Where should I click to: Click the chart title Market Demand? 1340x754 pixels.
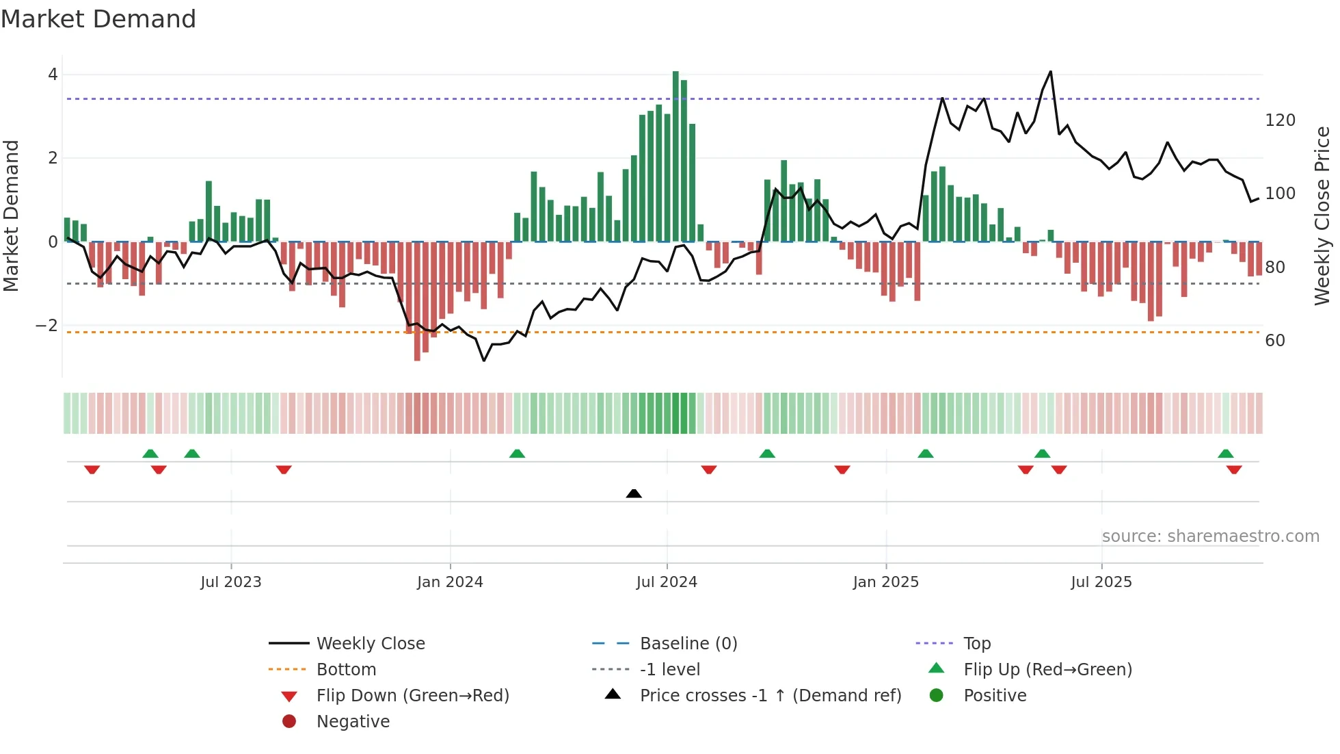tap(98, 18)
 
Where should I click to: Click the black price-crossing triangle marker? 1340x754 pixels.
tap(634, 493)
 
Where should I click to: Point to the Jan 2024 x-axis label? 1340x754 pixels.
tap(450, 582)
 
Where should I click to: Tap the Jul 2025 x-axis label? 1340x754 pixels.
tap(1101, 582)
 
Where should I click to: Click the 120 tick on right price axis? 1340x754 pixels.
tap(1280, 120)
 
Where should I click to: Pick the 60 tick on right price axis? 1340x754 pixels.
tap(1275, 341)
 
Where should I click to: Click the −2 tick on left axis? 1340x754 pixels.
tap(46, 326)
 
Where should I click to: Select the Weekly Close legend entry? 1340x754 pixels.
tap(370, 644)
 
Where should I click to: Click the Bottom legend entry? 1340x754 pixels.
tap(346, 670)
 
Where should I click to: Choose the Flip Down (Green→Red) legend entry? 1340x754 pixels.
tap(412, 696)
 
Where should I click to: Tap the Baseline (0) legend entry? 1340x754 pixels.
tap(688, 644)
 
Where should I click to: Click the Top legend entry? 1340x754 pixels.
tap(977, 644)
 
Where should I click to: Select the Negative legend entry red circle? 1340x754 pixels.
tap(289, 721)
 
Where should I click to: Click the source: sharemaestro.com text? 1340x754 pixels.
tap(1210, 536)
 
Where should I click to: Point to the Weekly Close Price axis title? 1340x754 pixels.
tap(1322, 216)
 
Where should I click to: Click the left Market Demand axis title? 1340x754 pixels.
tap(11, 216)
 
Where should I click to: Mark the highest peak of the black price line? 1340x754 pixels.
tap(1051, 71)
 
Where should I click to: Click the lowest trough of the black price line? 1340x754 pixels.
tap(484, 361)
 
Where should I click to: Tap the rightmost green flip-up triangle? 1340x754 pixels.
tap(1226, 454)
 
